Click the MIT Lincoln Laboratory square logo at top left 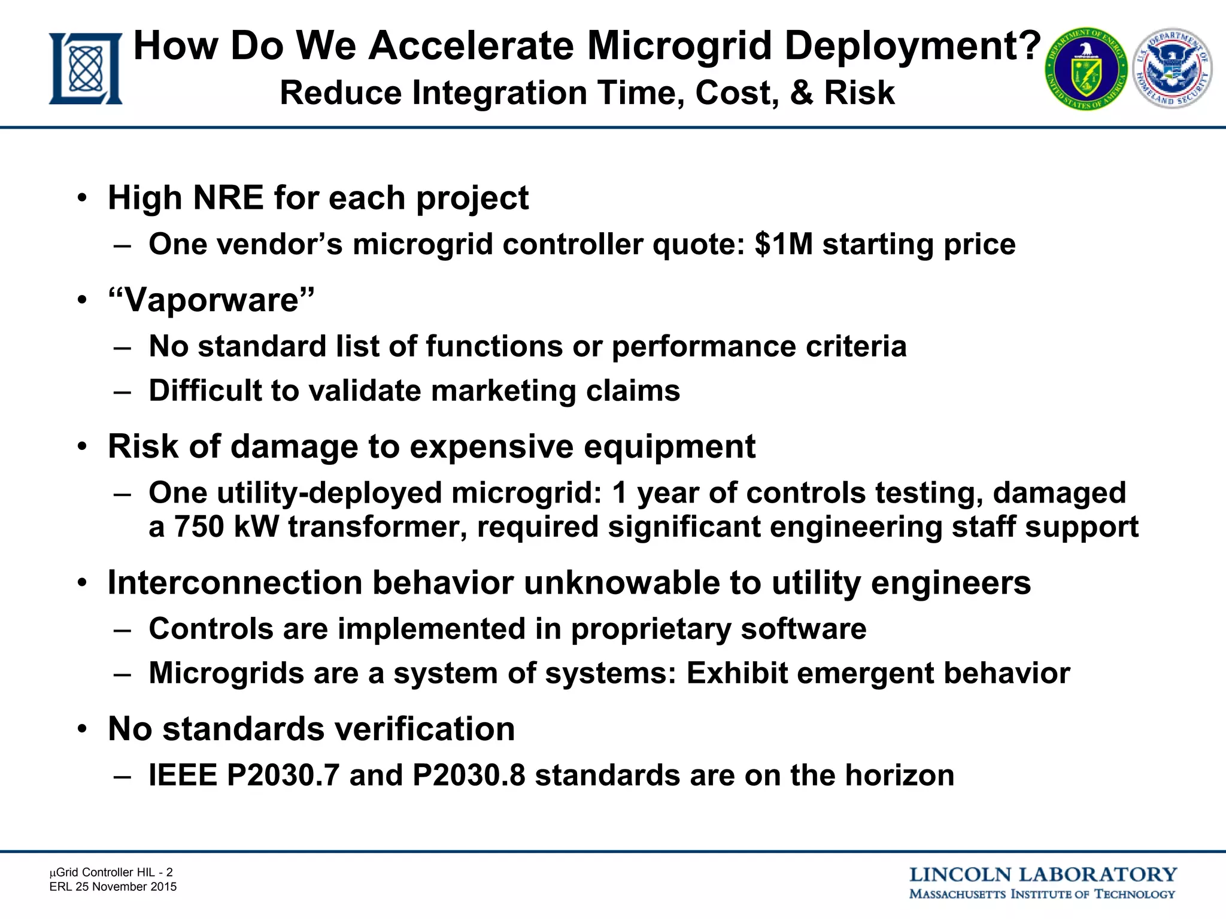pos(86,69)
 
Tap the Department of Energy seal pos(1086,69)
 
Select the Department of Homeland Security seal pos(1172,68)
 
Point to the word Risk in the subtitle pos(859,93)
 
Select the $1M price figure pos(784,245)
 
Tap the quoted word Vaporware pos(211,300)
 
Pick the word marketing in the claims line pos(503,391)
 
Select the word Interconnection pos(235,583)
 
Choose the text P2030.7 pos(283,776)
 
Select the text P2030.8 pos(469,776)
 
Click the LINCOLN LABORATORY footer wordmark pos(1043,875)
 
